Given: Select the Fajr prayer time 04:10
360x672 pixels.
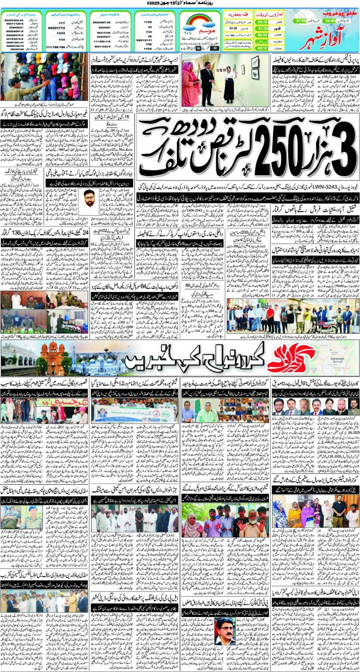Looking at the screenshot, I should [262, 22].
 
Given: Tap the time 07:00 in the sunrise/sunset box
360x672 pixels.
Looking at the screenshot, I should [301, 21].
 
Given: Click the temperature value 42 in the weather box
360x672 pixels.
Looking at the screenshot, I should [214, 48].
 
